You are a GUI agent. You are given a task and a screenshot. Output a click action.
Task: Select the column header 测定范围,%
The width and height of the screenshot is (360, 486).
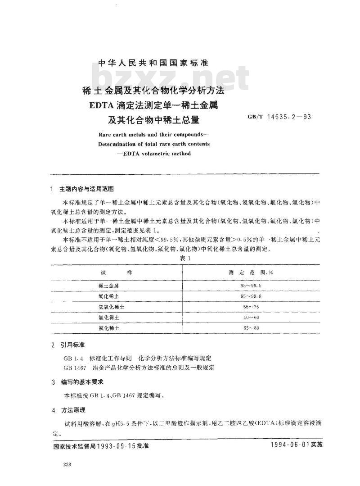pyautogui.click(x=252, y=273)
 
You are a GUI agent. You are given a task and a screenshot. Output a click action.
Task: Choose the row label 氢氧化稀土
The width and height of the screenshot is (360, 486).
pyautogui.click(x=111, y=307)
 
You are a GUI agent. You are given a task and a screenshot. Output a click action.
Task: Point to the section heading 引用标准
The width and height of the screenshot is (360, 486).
pyautogui.click(x=74, y=345)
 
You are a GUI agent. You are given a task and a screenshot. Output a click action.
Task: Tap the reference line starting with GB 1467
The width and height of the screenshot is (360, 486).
pyautogui.click(x=139, y=368)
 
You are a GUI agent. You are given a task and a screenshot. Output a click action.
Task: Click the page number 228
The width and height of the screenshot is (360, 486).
pyautogui.click(x=68, y=465)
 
